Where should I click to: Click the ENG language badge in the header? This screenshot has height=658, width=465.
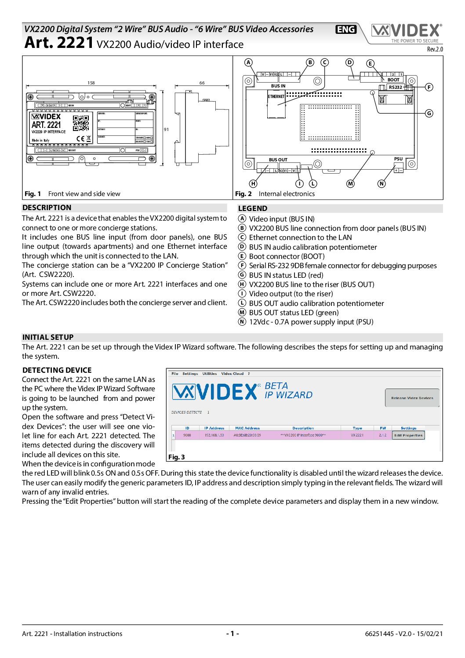[346, 29]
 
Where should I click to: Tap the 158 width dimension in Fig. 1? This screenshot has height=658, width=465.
[91, 83]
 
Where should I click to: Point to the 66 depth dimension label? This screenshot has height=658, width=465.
[202, 83]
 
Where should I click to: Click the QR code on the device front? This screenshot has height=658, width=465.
[81, 123]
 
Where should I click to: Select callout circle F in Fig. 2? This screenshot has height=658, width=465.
[429, 87]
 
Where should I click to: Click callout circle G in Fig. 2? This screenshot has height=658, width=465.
[429, 113]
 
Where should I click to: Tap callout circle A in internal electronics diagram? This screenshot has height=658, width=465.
[249, 62]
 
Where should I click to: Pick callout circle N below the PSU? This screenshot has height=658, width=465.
[381, 184]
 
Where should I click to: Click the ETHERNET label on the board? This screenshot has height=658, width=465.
[276, 97]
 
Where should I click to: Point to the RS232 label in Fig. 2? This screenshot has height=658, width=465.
[395, 87]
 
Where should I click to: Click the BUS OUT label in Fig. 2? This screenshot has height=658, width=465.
[278, 160]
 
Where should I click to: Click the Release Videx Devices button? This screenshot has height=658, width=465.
[412, 398]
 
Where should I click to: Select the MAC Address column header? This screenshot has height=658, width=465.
[247, 428]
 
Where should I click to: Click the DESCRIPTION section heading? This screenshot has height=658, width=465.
[47, 208]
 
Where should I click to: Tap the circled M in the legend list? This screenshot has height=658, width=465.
[242, 313]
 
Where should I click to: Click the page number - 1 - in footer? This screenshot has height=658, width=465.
[232, 633]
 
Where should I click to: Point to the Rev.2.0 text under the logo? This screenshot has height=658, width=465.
[435, 49]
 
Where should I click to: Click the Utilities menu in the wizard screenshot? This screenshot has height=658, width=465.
[210, 374]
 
